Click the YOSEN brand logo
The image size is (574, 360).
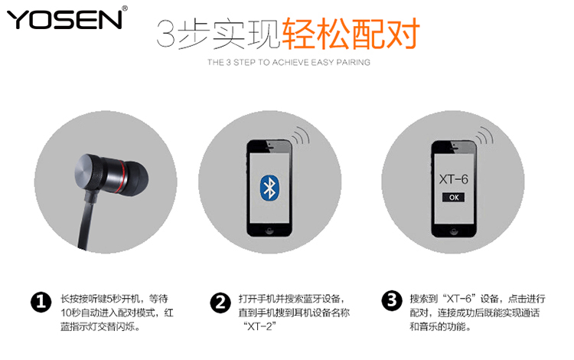64,19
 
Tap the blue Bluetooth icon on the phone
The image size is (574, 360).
270,187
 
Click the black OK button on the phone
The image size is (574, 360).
454,198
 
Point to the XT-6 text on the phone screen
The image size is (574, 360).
454,179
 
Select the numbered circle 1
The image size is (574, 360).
41,302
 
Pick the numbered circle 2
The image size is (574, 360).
220,303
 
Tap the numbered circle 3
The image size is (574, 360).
392,301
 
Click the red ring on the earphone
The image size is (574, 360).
122,176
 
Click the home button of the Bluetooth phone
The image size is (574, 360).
269,231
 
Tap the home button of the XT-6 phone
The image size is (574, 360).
454,231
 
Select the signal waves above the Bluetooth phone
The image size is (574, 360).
301,135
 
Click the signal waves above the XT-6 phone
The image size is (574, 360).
484,135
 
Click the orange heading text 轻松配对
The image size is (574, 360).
351,34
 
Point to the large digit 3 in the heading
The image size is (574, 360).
167,34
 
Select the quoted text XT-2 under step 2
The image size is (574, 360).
260,326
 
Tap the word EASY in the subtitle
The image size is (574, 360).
322,62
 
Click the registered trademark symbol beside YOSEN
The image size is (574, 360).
125,8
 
